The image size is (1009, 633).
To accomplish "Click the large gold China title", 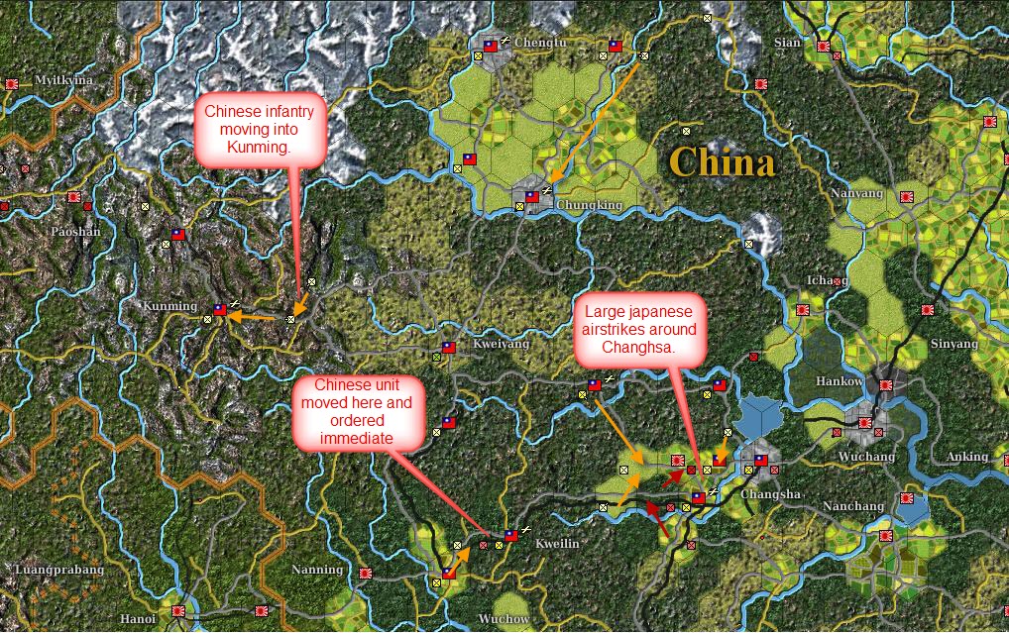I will click(x=721, y=161).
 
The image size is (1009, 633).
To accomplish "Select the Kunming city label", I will click(x=169, y=306).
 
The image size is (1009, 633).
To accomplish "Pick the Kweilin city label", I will click(x=556, y=544).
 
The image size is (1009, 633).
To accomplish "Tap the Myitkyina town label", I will click(x=63, y=80).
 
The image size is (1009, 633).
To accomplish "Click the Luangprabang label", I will click(x=59, y=571).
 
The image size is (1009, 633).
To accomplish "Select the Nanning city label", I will click(x=317, y=570).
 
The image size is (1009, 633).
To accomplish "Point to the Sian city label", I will click(x=787, y=43).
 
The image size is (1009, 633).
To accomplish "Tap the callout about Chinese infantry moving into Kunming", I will click(x=260, y=130).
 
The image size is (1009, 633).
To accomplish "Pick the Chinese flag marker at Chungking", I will click(x=532, y=196).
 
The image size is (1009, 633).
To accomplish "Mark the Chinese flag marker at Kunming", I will click(x=221, y=310).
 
